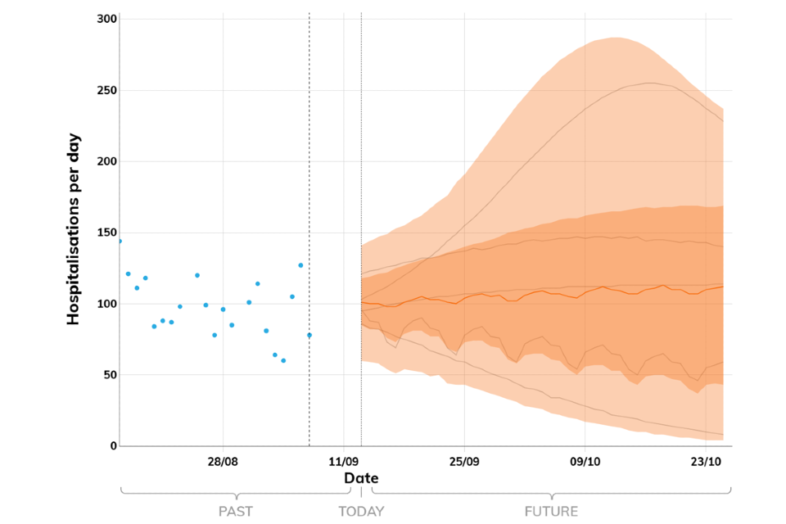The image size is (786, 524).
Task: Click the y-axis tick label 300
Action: [107, 18]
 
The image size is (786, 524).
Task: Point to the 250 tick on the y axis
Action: [107, 90]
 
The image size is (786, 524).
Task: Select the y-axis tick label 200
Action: [107, 161]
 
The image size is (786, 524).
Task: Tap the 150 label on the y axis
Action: [107, 233]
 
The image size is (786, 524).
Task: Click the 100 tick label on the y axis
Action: [107, 304]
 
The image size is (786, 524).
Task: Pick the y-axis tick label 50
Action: [111, 375]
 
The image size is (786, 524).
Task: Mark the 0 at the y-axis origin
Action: [114, 446]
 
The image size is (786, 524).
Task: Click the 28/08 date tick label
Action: [223, 462]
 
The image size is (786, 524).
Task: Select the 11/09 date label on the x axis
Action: [344, 462]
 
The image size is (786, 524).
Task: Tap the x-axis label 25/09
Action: [464, 462]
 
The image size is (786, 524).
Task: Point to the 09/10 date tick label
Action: [585, 462]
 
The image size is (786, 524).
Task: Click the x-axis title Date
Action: [361, 478]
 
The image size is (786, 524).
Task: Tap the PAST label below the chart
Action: [236, 512]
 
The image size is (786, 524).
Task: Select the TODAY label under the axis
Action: [361, 512]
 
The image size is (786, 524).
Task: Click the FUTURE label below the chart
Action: [551, 512]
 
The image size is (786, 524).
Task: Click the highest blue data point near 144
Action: [120, 241]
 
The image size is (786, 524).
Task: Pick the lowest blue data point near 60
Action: [283, 360]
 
